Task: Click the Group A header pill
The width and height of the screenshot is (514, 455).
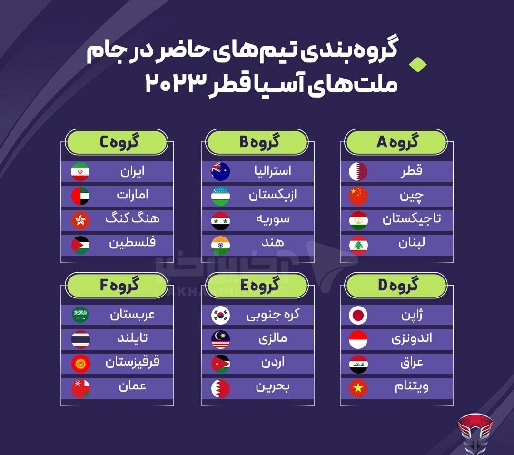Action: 396,142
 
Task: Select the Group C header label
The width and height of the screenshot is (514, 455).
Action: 117,142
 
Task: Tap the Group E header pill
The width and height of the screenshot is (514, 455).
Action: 257,286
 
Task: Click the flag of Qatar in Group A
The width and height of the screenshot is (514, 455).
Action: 358,171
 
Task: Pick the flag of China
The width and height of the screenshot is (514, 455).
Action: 358,196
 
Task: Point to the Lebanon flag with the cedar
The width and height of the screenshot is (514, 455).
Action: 358,245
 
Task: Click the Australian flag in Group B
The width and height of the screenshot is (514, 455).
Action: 220,171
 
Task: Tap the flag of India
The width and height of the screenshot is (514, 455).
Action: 220,245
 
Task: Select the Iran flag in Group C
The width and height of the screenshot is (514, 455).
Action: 80,171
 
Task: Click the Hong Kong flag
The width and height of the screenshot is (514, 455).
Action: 80,220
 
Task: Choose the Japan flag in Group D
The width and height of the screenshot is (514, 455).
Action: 358,315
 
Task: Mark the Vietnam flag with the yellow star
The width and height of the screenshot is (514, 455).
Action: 358,388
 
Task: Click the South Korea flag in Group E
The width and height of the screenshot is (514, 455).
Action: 220,315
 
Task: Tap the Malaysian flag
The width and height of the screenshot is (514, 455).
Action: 220,339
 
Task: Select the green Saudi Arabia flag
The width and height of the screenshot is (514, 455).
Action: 80,315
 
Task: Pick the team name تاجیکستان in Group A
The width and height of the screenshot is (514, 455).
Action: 412,219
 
